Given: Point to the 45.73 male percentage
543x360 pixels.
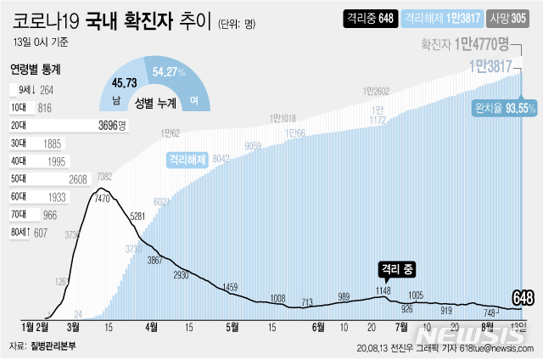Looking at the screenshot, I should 124,82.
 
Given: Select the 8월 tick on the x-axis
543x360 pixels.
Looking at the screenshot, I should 487,325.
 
